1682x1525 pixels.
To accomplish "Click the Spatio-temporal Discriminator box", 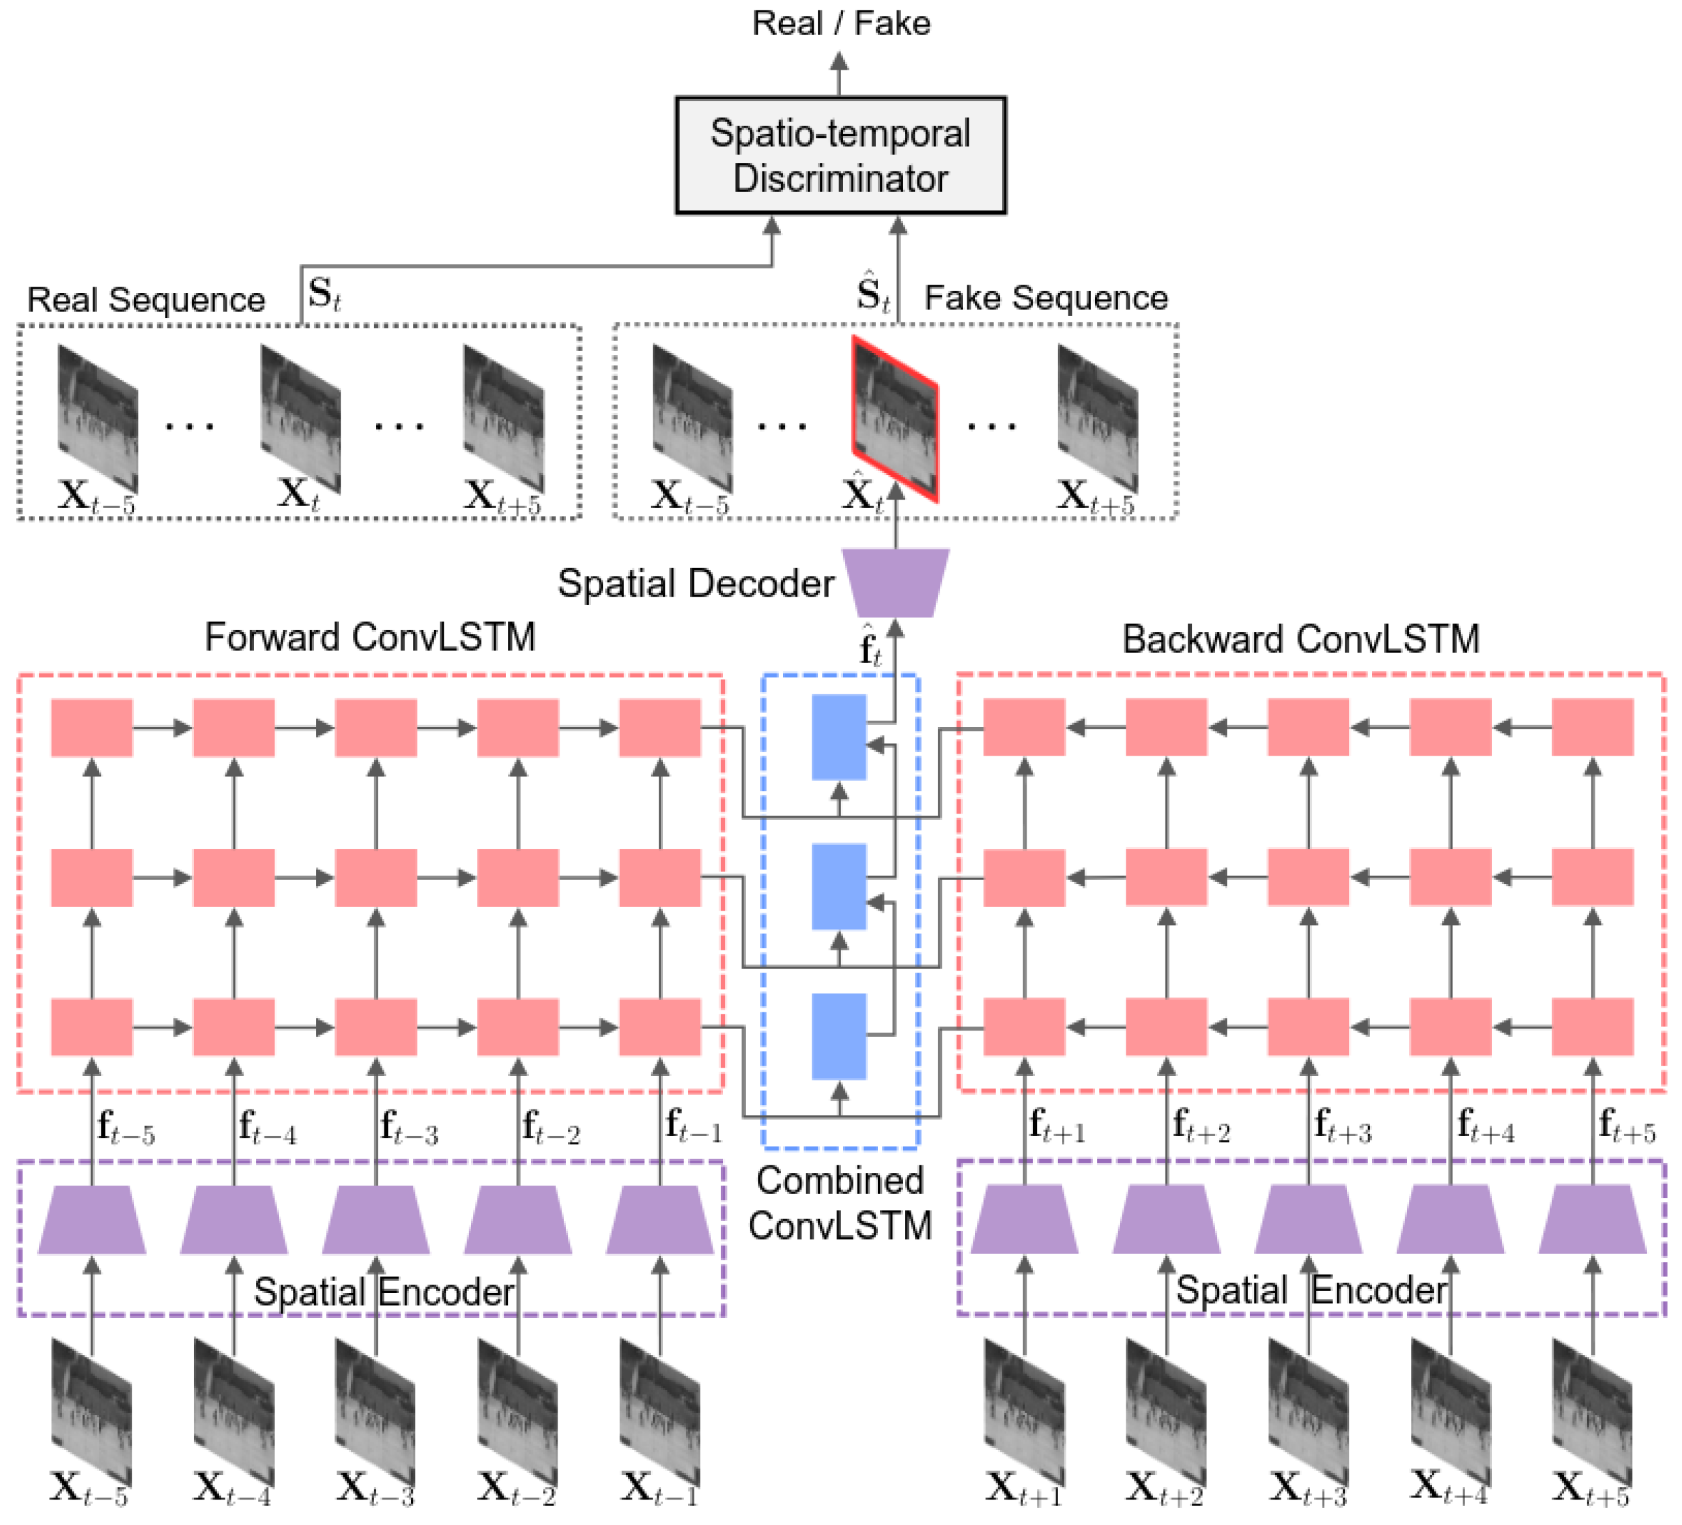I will pyautogui.click(x=840, y=156).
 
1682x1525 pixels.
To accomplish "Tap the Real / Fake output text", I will pyautogui.click(x=840, y=23).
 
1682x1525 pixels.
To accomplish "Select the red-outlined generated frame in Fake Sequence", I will pyautogui.click(x=894, y=419).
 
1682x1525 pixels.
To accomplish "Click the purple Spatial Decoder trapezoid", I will pyautogui.click(x=895, y=583).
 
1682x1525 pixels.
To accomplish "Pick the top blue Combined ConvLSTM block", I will pyautogui.click(x=838, y=737).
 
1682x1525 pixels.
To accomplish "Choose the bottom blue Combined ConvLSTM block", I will pyautogui.click(x=838, y=1036).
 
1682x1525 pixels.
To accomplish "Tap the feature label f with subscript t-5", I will pyautogui.click(x=125, y=1128).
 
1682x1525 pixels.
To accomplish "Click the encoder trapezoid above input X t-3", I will pyautogui.click(x=377, y=1219).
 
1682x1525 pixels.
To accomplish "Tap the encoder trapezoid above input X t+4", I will pyautogui.click(x=1450, y=1219).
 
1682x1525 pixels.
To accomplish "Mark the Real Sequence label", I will pyautogui.click(x=146, y=300).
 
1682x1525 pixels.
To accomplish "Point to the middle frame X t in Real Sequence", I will pyautogui.click(x=300, y=420).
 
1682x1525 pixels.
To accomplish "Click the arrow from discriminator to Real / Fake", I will pyautogui.click(x=840, y=74).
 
